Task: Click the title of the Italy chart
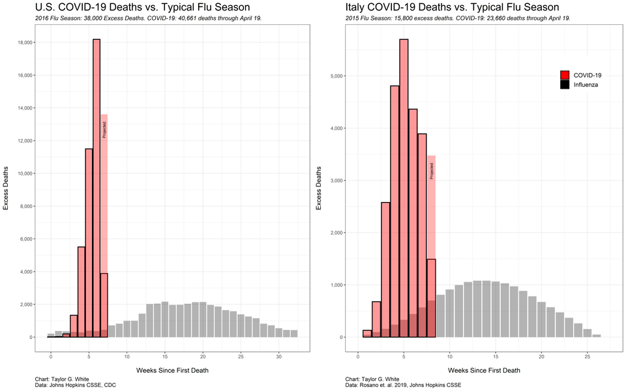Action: pos(452,7)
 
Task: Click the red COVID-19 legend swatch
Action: pos(565,75)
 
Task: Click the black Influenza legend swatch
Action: pos(565,85)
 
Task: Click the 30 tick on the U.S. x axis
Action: pos(278,357)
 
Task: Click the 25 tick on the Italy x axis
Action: pos(588,357)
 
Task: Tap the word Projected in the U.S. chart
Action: pos(104,128)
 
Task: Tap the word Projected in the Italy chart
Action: pos(431,170)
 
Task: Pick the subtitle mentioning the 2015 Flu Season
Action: pos(458,18)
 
